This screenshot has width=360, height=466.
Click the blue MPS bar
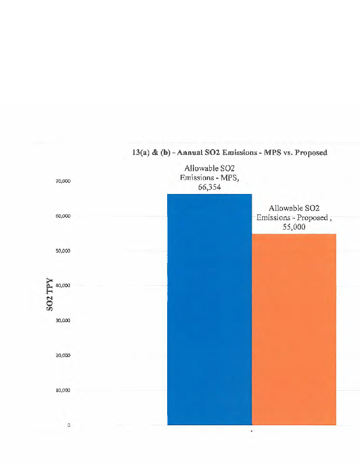(x=209, y=309)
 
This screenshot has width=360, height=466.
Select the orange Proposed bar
(x=294, y=329)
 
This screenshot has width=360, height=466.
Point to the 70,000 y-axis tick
(x=62, y=181)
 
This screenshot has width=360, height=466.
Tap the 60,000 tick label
(x=62, y=216)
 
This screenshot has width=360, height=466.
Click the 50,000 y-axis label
(x=62, y=251)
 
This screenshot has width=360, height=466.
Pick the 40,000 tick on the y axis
(x=62, y=285)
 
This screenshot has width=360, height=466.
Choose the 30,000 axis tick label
(x=62, y=320)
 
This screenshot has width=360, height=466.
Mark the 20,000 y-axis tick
(x=62, y=355)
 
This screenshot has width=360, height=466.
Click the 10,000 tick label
(x=62, y=390)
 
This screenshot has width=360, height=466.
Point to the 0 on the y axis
(x=69, y=425)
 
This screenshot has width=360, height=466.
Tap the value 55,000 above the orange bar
(x=294, y=227)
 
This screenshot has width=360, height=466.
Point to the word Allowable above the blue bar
(x=199, y=169)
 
